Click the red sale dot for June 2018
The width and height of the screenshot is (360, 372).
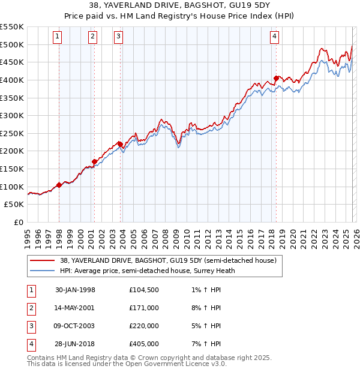pyautogui.click(x=276, y=78)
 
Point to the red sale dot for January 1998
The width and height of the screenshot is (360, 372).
pyautogui.click(x=59, y=185)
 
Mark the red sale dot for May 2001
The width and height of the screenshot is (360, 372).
pyautogui.click(x=94, y=161)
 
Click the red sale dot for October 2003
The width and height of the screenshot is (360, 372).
pyautogui.click(x=121, y=144)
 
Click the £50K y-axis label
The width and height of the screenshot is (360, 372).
pyautogui.click(x=14, y=205)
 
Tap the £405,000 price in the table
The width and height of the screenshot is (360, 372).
pyautogui.click(x=143, y=344)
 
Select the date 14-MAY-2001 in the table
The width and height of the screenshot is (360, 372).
pyautogui.click(x=75, y=308)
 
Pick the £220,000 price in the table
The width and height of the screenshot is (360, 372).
pyautogui.click(x=143, y=326)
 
